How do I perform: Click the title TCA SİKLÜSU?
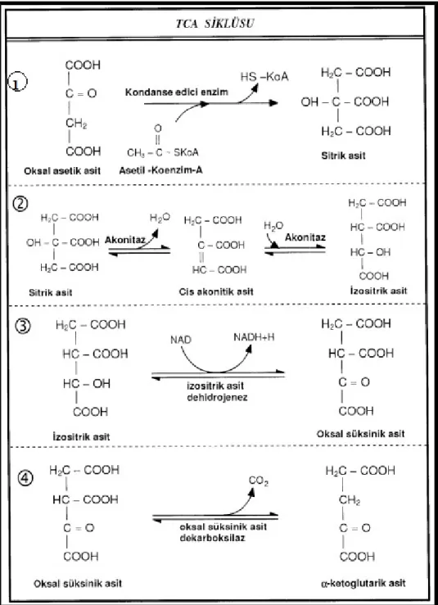pos(214,24)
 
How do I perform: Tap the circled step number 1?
pos(18,83)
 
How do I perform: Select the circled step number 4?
pos(25,478)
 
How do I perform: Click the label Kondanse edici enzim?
pos(176,93)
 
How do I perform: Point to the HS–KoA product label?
pos(264,76)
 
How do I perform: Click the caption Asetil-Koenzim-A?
pos(160,169)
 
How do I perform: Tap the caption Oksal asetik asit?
pos(62,170)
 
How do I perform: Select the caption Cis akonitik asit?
pos(216,291)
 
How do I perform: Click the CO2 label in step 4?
pos(259,481)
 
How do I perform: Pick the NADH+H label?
pos(254,337)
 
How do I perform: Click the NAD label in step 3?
pos(181,340)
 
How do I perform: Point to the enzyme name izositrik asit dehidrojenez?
pos(216,391)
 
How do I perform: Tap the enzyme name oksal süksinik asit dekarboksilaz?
pos(223,532)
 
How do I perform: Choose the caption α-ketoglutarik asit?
pos(363,583)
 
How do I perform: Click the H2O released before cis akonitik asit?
pos(160,218)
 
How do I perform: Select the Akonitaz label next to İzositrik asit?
pos(305,237)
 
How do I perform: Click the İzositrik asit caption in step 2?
pos(378,290)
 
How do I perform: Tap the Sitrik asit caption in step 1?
pos(343,156)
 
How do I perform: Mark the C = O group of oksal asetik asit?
pos(81,93)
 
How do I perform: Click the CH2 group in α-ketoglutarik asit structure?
pos(350,500)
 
